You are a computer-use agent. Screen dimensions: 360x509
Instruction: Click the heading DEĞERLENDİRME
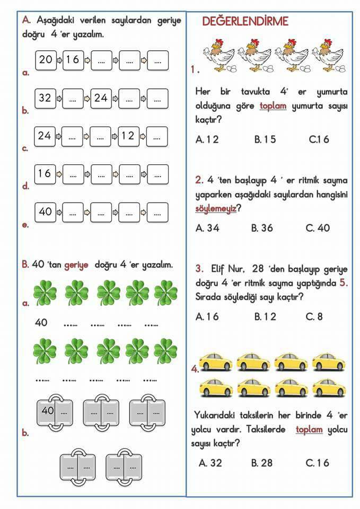pyautogui.click(x=245, y=21)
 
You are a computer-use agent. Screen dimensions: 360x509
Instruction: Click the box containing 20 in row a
pyautogui.click(x=46, y=60)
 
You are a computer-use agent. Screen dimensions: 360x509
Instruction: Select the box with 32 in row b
pyautogui.click(x=45, y=98)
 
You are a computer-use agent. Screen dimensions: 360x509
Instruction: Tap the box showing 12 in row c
pyautogui.click(x=128, y=136)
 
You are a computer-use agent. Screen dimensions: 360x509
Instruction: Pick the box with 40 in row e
pyautogui.click(x=45, y=212)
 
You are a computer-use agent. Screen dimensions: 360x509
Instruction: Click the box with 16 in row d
pyautogui.click(x=45, y=174)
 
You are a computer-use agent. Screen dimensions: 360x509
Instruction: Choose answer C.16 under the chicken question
pyautogui.click(x=319, y=139)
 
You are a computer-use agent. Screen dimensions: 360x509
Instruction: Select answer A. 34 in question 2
pyautogui.click(x=207, y=228)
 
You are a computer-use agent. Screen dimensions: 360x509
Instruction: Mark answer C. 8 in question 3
pyautogui.click(x=314, y=317)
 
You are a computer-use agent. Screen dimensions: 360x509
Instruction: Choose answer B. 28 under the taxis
pyautogui.click(x=261, y=463)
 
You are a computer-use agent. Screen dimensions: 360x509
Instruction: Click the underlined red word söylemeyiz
pyautogui.click(x=216, y=208)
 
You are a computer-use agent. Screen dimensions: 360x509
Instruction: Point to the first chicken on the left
pyautogui.click(x=219, y=56)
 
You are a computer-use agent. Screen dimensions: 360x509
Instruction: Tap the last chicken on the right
pyautogui.click(x=329, y=56)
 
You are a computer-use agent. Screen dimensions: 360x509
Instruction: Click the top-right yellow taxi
pyautogui.click(x=329, y=362)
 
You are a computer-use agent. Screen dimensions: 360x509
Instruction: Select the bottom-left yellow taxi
pyautogui.click(x=216, y=388)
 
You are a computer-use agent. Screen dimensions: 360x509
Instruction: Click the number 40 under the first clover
pyautogui.click(x=41, y=322)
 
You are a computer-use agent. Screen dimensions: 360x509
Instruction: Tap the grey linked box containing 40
pyautogui.click(x=55, y=413)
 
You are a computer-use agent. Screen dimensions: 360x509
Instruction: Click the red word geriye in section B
pyautogui.click(x=76, y=265)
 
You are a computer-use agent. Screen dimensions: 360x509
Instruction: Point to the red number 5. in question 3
pyautogui.click(x=344, y=283)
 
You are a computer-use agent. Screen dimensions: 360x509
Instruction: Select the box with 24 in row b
pyautogui.click(x=101, y=98)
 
